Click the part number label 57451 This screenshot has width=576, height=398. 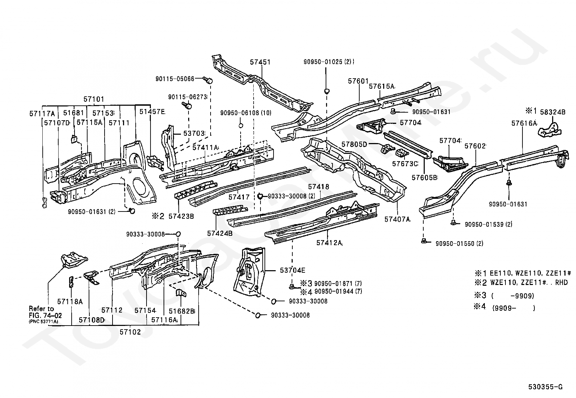(x=260, y=62)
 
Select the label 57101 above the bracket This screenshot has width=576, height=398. (x=94, y=99)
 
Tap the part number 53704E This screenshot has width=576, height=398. (x=293, y=270)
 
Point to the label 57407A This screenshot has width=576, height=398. (x=397, y=219)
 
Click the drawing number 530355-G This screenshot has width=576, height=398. (x=545, y=387)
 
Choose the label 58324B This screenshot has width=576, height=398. (x=552, y=112)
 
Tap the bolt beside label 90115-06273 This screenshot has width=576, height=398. (x=187, y=105)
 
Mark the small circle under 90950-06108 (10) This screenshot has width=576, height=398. (x=241, y=126)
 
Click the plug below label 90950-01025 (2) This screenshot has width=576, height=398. (x=327, y=91)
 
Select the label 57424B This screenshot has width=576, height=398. (x=220, y=233)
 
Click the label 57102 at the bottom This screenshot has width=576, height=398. (x=130, y=332)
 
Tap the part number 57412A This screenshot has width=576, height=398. (x=329, y=243)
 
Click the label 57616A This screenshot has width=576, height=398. (x=524, y=123)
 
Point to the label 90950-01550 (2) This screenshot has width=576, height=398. (x=459, y=243)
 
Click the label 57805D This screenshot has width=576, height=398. (x=354, y=144)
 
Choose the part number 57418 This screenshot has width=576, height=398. (x=319, y=187)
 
